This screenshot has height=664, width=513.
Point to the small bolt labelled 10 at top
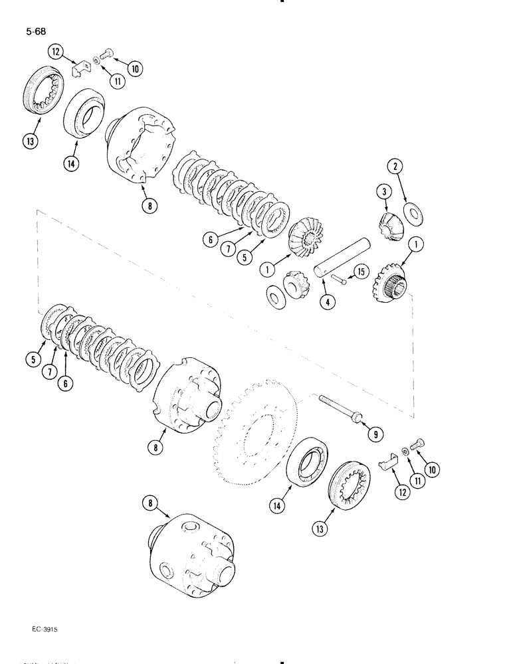click(108, 55)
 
